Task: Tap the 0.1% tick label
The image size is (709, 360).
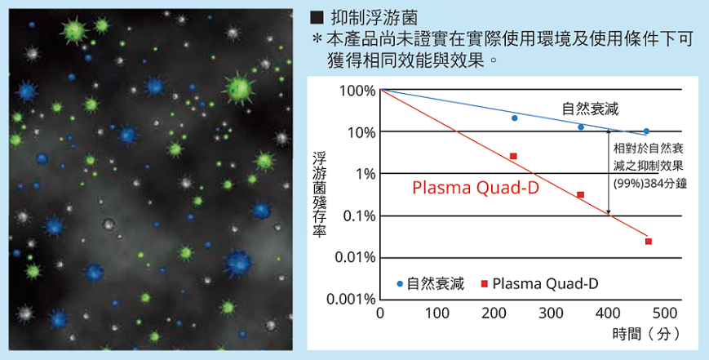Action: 357,216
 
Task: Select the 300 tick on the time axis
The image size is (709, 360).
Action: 552,314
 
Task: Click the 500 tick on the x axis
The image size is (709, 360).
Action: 666,314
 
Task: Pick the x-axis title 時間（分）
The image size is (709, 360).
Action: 645,334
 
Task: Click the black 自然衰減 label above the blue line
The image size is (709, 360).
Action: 590,109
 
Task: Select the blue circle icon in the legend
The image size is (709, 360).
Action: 400,284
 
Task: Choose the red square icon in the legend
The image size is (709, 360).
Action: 483,284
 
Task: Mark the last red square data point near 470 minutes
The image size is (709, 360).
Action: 649,241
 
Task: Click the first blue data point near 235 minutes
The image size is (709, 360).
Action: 514,118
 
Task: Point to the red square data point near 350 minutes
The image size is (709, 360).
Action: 580,194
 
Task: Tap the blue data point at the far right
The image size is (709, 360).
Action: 646,131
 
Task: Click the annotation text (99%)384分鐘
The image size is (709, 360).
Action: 649,184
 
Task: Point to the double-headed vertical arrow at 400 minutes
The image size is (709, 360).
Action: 609,171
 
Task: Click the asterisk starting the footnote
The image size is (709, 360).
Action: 317,39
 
